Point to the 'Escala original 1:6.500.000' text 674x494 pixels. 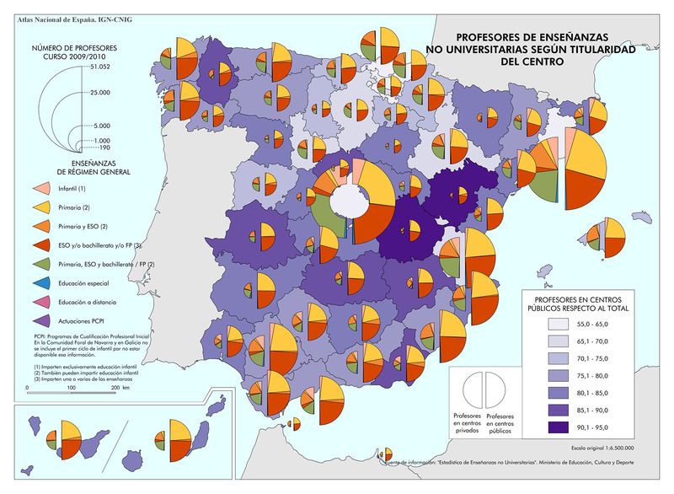click(602, 448)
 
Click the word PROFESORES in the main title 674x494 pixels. click(490, 37)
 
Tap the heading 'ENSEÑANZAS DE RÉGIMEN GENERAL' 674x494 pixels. click(83, 164)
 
